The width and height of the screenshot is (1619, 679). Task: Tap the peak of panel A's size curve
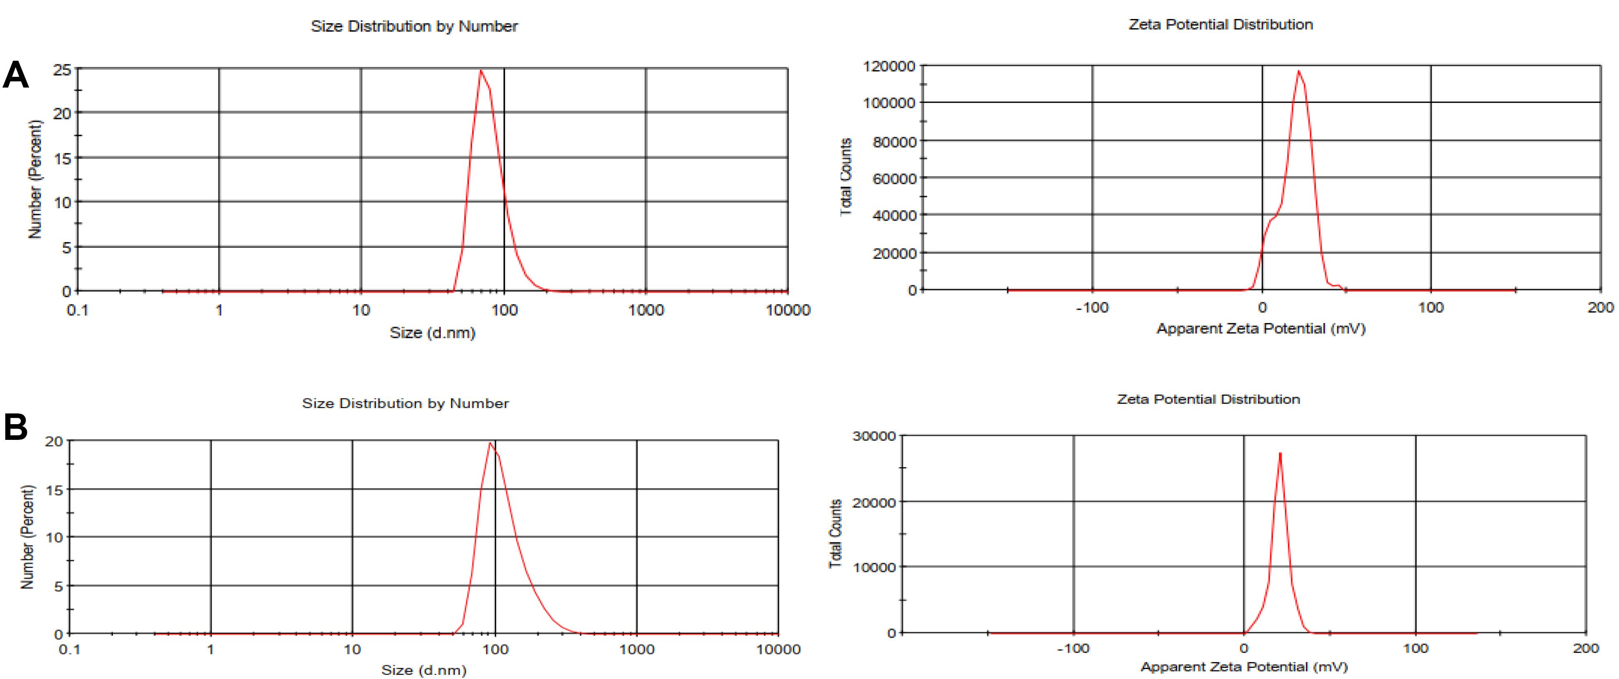[x=481, y=70]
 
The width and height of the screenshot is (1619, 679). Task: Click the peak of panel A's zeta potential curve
[x=1299, y=71]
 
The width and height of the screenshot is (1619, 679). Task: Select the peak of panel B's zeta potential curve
[x=1280, y=453]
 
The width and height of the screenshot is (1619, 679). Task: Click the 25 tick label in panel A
[x=62, y=70]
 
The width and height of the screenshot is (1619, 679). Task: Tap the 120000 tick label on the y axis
[x=889, y=66]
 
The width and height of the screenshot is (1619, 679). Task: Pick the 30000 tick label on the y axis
[x=874, y=436]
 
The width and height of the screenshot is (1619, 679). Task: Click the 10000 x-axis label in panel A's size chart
[x=788, y=310]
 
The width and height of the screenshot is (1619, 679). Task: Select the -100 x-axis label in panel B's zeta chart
[x=1073, y=648]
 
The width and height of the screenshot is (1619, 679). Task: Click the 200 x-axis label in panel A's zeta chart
[x=1600, y=307]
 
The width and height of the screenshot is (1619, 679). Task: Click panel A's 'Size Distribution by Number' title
[x=414, y=26]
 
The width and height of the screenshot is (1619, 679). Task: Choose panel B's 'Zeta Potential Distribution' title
[x=1208, y=399]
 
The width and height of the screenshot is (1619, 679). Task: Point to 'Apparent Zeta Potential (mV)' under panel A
[x=1261, y=328]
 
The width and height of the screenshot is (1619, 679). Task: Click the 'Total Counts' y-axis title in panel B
[x=835, y=534]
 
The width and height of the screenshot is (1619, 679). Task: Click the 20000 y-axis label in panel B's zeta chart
[x=874, y=502]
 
